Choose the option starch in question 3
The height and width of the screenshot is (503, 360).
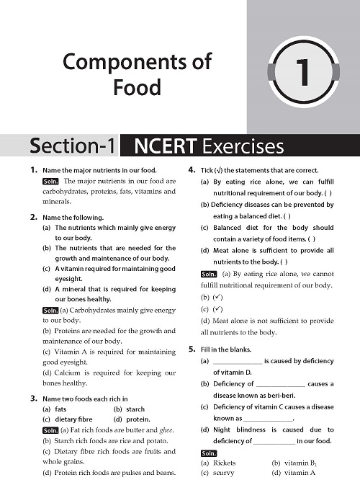[x=135, y=409]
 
